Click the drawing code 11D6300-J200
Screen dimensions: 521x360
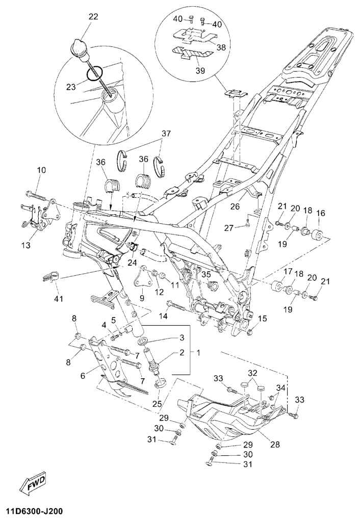pyautogui.click(x=35, y=511)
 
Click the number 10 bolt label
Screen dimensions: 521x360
pyautogui.click(x=41, y=169)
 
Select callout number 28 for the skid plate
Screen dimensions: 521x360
pyautogui.click(x=275, y=445)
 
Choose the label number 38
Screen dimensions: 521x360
pyautogui.click(x=222, y=47)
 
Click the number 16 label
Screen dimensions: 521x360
pyautogui.click(x=321, y=213)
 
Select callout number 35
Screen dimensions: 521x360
pyautogui.click(x=207, y=274)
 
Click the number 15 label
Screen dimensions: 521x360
pyautogui.click(x=262, y=319)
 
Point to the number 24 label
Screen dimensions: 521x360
pyautogui.click(x=133, y=264)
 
